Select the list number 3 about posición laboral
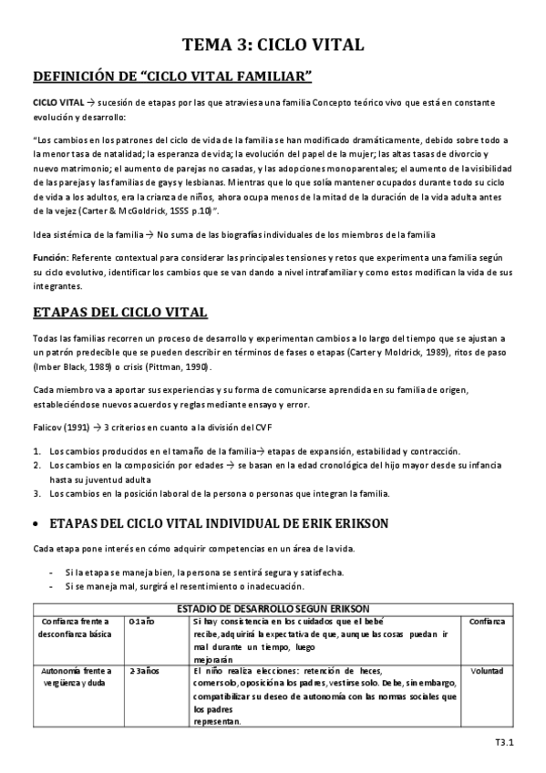click(x=36, y=493)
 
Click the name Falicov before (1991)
click(x=46, y=428)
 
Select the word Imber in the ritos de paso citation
click(x=46, y=366)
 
